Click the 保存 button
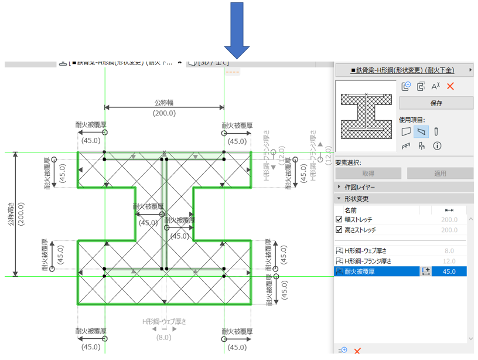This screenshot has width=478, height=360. pos(436,103)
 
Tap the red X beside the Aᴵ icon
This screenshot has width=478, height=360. pos(450,86)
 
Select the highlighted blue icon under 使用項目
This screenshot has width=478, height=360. pos(421,132)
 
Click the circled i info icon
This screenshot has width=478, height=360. pos(437,146)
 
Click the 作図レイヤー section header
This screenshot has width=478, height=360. pos(360,187)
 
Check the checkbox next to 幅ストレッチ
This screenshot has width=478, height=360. pos(339,220)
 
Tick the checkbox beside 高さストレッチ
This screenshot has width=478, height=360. pos(339,230)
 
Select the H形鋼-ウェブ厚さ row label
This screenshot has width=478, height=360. pos(367,250)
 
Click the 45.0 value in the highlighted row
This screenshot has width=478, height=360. pos(449,271)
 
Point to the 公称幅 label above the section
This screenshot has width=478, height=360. pos(165,102)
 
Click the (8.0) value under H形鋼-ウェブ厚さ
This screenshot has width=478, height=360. pos(164,337)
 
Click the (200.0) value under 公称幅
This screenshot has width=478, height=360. pos(164,113)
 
